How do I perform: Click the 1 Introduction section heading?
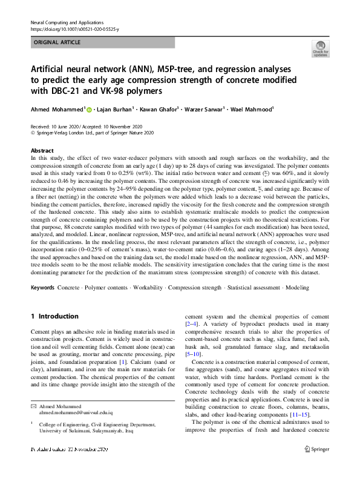54,316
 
